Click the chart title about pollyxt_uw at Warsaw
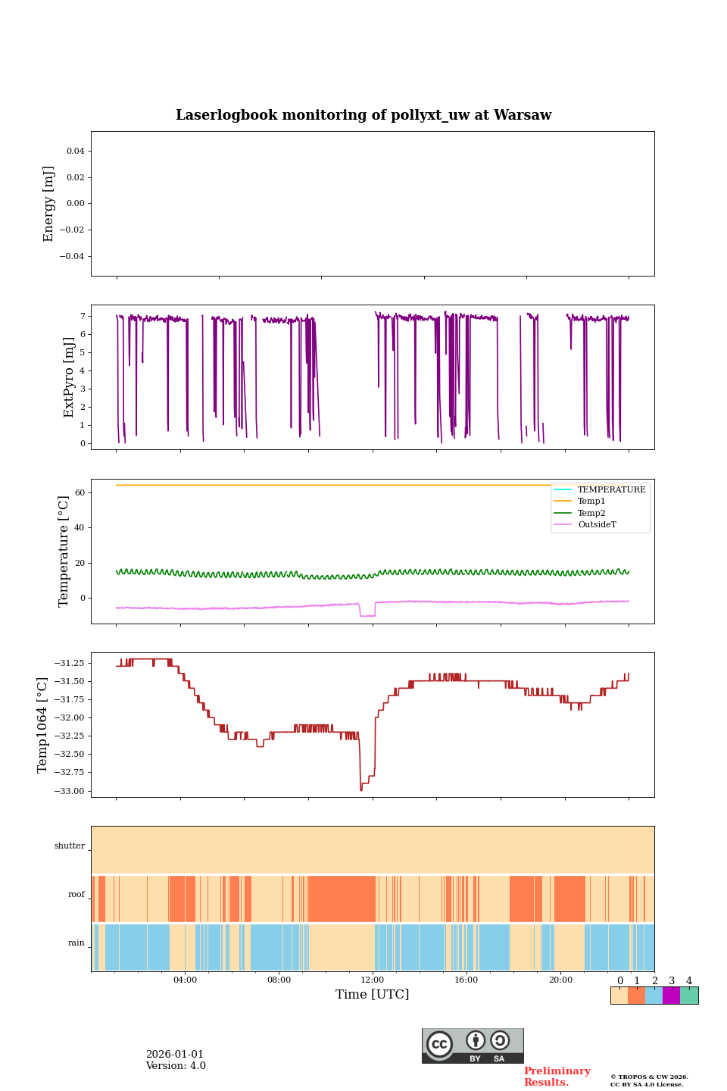[x=363, y=115]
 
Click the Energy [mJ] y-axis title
[x=49, y=204]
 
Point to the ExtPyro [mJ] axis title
[x=69, y=377]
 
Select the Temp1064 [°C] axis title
[x=42, y=725]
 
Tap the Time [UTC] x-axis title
[x=372, y=994]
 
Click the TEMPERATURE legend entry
[x=611, y=490]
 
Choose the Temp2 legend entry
[x=591, y=513]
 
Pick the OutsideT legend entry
[x=597, y=524]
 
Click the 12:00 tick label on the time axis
[x=373, y=980]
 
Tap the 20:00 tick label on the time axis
[x=560, y=980]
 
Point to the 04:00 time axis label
[x=185, y=980]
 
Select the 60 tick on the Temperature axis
[x=80, y=492]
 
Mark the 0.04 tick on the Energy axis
[x=75, y=151]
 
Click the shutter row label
[x=70, y=846]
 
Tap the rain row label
[x=76, y=943]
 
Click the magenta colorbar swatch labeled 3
[x=671, y=996]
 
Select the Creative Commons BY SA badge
[x=473, y=1046]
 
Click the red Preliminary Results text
[x=557, y=1077]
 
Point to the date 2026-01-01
[x=175, y=1055]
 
